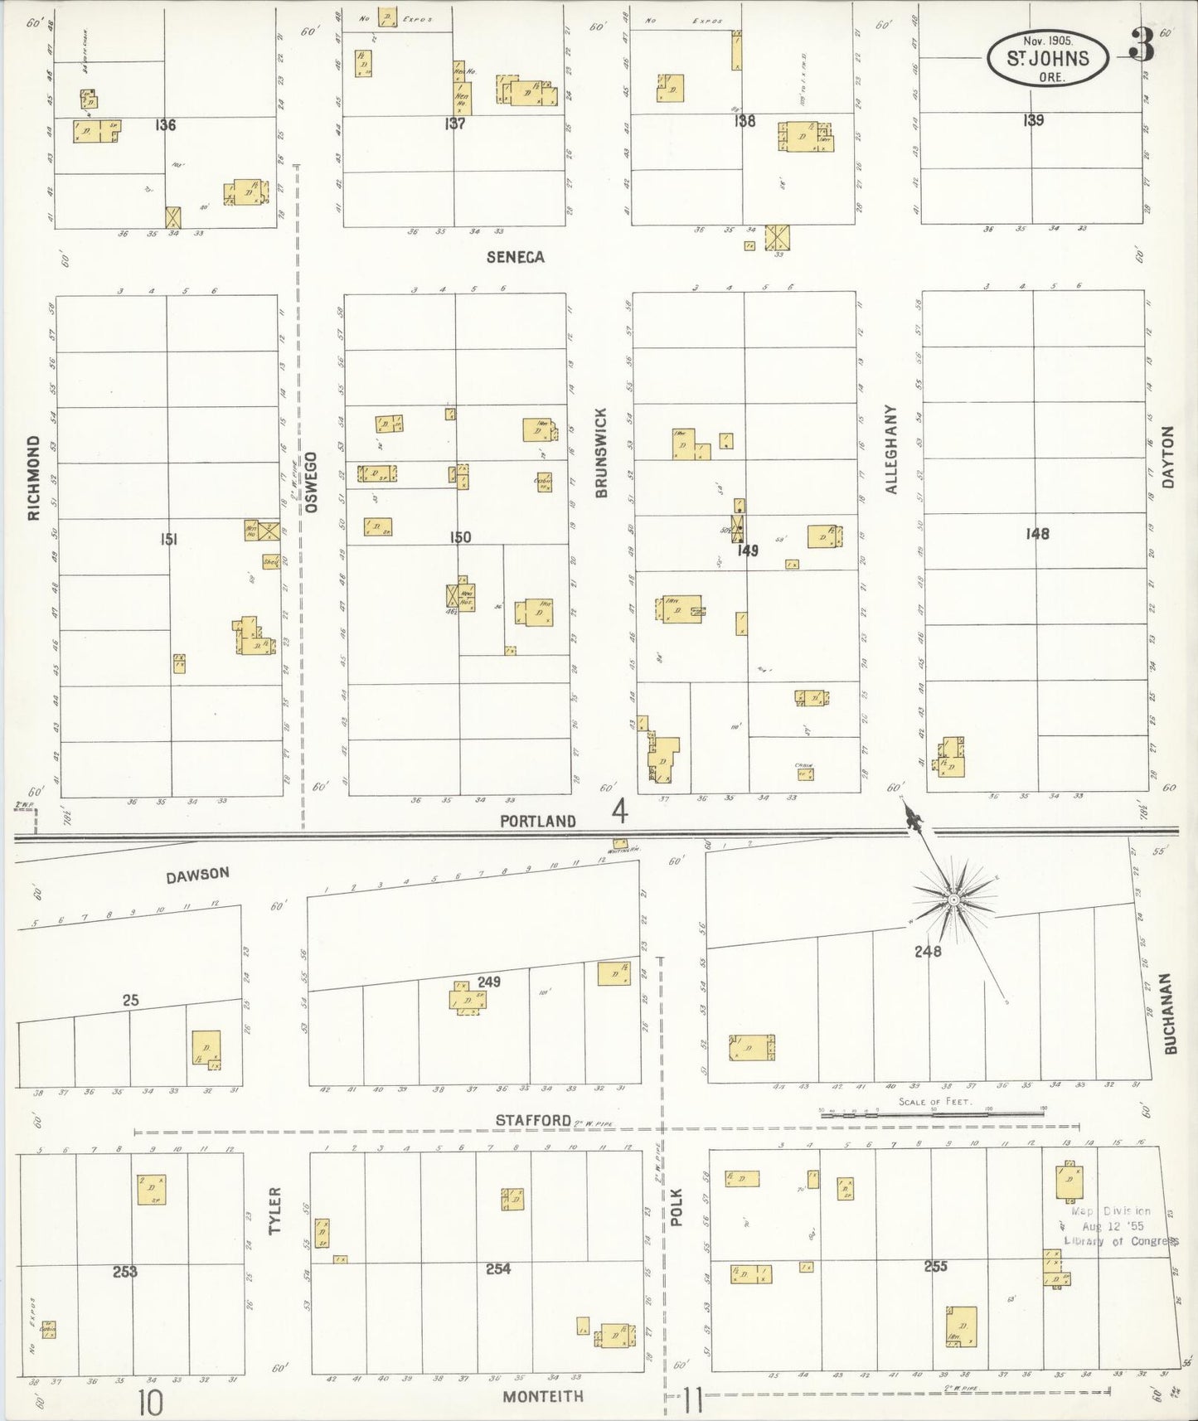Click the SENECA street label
(515, 257)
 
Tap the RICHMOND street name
(34, 478)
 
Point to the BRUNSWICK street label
(601, 453)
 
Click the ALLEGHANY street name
(891, 449)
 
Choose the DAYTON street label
(1168, 457)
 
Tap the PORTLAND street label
(537, 821)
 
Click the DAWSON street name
(197, 874)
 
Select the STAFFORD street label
(533, 1120)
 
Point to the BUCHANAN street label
(1170, 1013)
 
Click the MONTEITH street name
(543, 1396)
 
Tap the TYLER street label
(276, 1210)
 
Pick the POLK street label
(676, 1207)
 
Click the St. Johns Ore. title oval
(1048, 58)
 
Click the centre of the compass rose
(953, 899)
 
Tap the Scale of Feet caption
(934, 1103)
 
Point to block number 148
(1036, 534)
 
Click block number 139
(1032, 120)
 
